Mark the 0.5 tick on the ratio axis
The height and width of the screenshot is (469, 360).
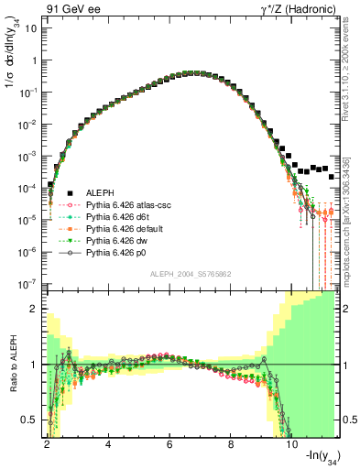pyautogui.click(x=31, y=420)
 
